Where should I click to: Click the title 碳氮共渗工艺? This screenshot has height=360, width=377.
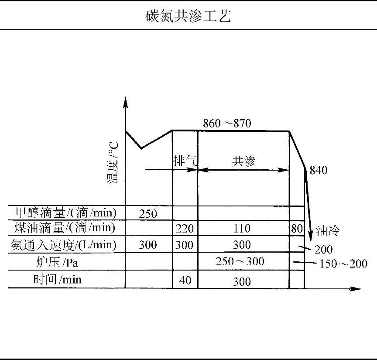188,16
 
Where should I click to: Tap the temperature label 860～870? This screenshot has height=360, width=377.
227,123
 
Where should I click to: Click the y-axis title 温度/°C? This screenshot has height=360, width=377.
113,162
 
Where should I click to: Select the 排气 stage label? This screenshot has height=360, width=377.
185,161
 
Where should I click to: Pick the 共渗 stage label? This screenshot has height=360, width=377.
243,161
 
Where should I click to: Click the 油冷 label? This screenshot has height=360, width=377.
328,230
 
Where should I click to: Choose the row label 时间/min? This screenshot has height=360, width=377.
57,279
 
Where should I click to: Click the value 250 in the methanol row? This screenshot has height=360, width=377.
148,213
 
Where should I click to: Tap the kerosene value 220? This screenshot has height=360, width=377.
185,229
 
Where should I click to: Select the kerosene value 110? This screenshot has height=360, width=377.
242,229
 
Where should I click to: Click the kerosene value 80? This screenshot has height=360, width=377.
297,229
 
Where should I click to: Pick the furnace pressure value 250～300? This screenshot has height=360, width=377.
240,261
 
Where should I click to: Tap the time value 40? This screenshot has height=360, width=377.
185,280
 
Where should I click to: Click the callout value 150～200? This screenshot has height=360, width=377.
343,264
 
